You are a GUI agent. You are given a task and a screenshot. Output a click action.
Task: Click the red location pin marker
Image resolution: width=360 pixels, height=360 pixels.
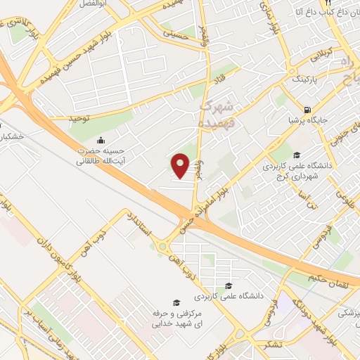pos(181,167)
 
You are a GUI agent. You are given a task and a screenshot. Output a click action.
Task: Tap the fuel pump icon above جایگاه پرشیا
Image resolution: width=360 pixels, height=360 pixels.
pos(308,109)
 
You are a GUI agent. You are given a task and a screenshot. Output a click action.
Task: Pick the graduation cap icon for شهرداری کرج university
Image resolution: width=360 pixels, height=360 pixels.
pos(296,155)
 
